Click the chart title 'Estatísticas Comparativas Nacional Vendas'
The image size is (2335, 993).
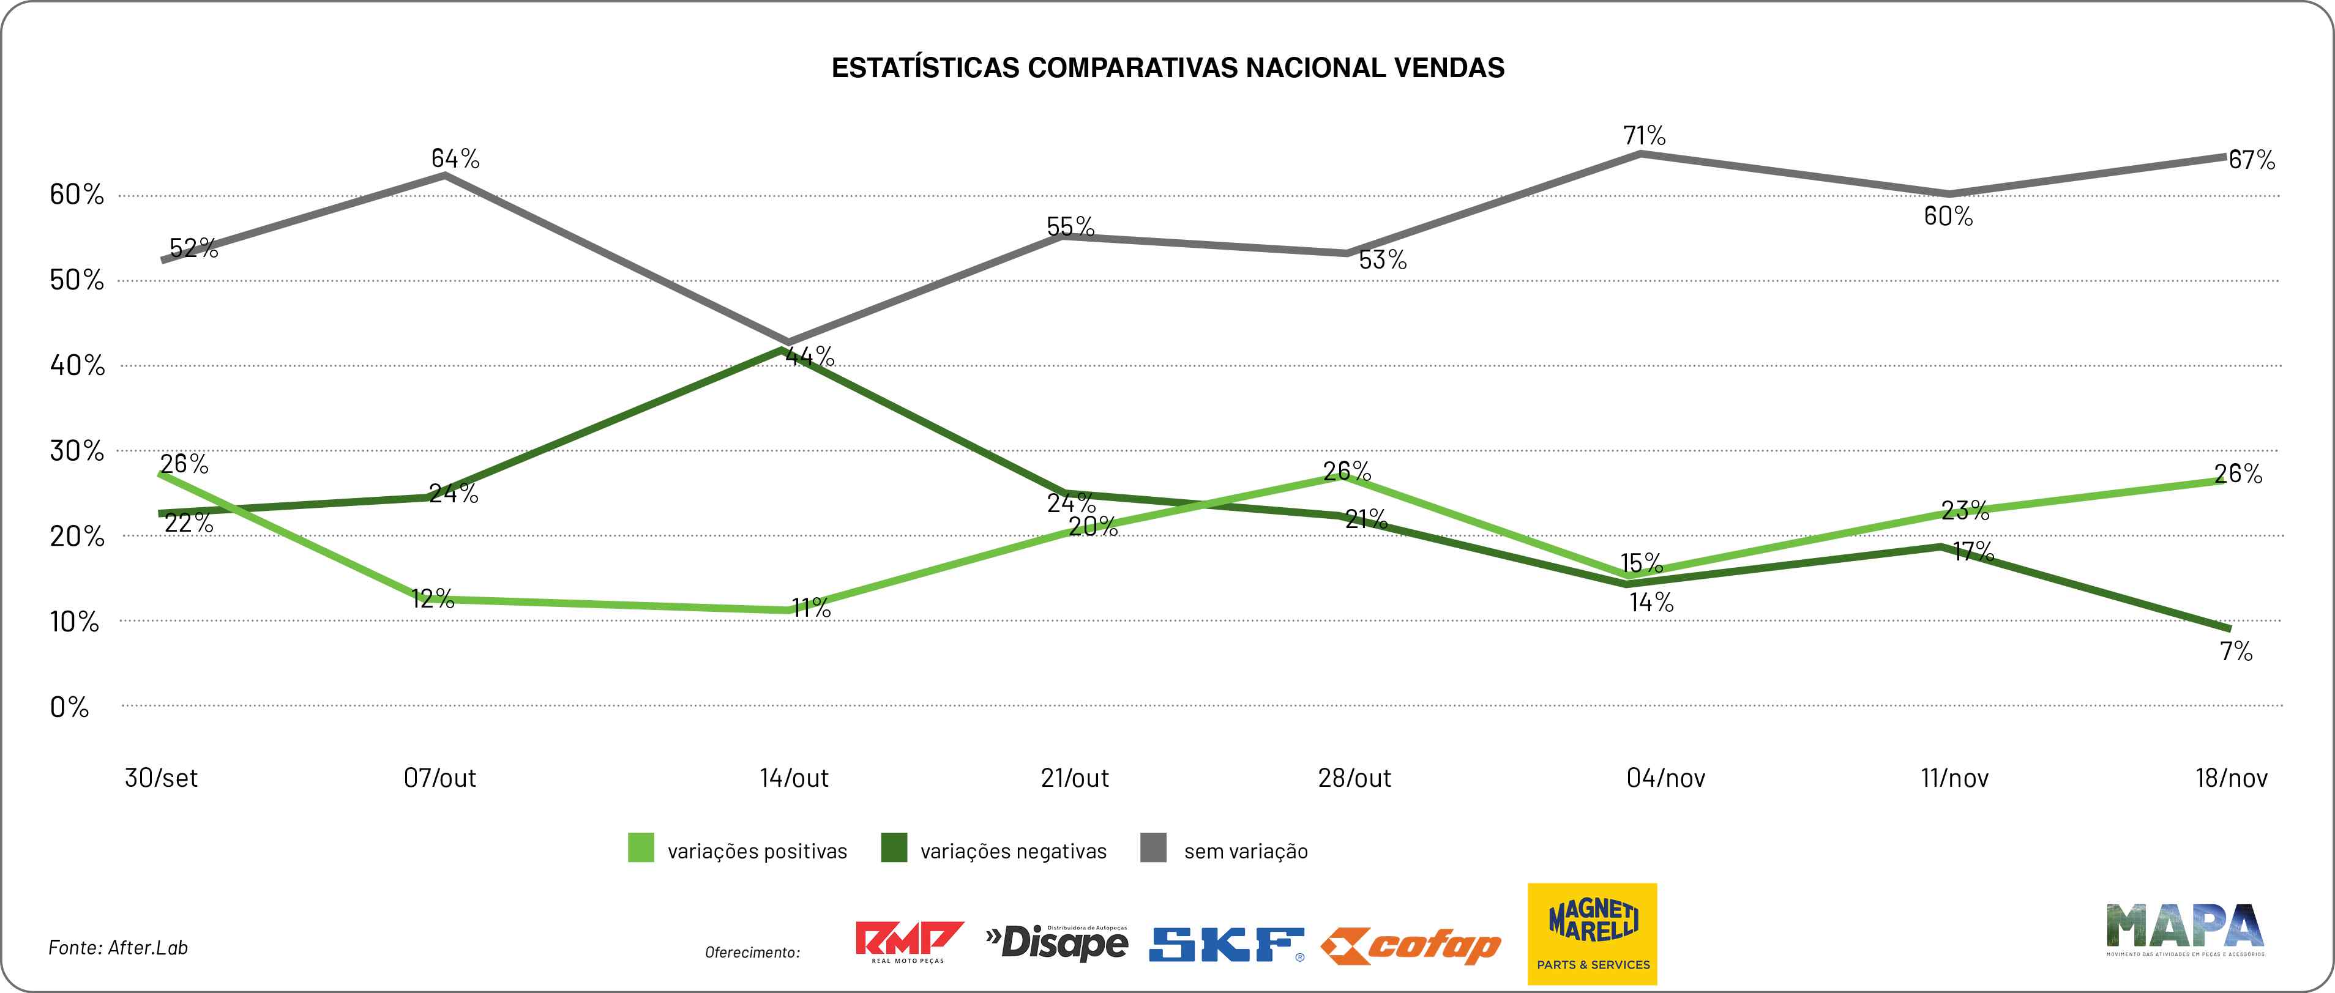[1168, 68]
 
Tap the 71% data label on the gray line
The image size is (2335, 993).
[1644, 136]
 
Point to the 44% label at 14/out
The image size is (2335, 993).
[810, 356]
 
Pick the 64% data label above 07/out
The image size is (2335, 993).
[455, 158]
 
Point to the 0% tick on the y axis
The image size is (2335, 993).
[70, 707]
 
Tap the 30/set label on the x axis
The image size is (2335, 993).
[162, 778]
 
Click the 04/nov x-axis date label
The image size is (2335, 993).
[1665, 778]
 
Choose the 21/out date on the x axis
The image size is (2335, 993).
[1075, 778]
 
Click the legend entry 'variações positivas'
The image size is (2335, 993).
[757, 852]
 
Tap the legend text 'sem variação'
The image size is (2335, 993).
[1246, 852]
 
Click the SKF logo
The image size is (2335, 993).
[1227, 944]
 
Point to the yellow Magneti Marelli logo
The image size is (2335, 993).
[1593, 934]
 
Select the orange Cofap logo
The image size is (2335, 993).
[1410, 946]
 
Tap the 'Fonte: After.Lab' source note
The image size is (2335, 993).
[118, 948]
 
